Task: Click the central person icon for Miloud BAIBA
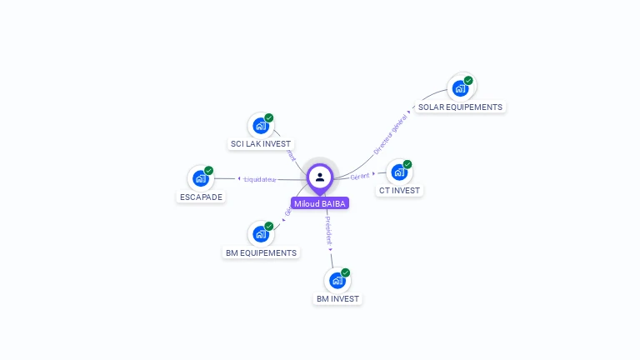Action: click(x=320, y=177)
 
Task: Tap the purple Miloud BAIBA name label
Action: click(x=320, y=203)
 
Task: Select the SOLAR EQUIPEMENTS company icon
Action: click(x=459, y=87)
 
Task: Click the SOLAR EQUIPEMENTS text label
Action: click(x=460, y=107)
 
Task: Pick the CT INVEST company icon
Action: click(x=399, y=172)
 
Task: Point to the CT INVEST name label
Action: click(x=400, y=190)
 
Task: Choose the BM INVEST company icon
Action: click(x=337, y=280)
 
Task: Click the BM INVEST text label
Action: click(x=337, y=298)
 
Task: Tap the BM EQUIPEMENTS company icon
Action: click(x=261, y=233)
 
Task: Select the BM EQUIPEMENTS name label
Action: click(x=261, y=252)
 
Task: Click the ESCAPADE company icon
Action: click(x=201, y=177)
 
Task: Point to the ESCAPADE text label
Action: click(x=201, y=197)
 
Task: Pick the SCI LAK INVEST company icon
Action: click(x=261, y=126)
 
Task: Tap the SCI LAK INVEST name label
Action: click(x=261, y=144)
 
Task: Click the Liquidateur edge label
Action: click(x=259, y=179)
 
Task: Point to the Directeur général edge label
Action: click(x=390, y=135)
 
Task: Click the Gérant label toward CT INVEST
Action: click(x=359, y=176)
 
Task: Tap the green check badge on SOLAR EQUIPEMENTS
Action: click(x=468, y=81)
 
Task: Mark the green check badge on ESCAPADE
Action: click(x=208, y=171)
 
